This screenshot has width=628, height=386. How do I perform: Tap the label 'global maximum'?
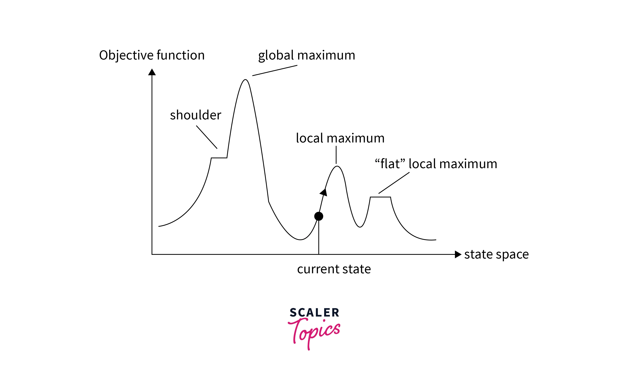pyautogui.click(x=306, y=55)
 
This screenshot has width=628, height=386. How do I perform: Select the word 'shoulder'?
pyautogui.click(x=195, y=115)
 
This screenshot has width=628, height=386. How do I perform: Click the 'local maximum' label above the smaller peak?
pyautogui.click(x=340, y=138)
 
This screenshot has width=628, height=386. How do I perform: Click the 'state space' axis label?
pyautogui.click(x=496, y=254)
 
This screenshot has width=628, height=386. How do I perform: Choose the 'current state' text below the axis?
pyautogui.click(x=334, y=269)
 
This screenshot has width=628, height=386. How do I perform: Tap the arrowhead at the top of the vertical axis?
pyautogui.click(x=152, y=72)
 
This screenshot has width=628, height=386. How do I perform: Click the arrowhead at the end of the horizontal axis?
pyautogui.click(x=458, y=254)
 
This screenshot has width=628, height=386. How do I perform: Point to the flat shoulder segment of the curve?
pyautogui.click(x=219, y=158)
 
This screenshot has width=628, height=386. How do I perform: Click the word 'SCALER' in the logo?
pyautogui.click(x=314, y=313)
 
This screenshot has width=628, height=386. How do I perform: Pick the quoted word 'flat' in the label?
pyautogui.click(x=390, y=164)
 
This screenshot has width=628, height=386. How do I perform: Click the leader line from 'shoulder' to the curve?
pyautogui.click(x=207, y=137)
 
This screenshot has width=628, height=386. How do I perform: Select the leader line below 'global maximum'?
pyautogui.click(x=275, y=70)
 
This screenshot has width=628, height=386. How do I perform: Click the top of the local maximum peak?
pyautogui.click(x=337, y=166)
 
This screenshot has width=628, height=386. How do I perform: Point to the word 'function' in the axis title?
pyautogui.click(x=180, y=55)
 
